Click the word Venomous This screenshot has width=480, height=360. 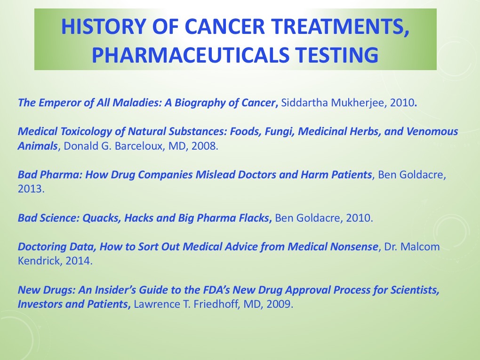click(432, 131)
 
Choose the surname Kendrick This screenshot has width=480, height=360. click(37, 261)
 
